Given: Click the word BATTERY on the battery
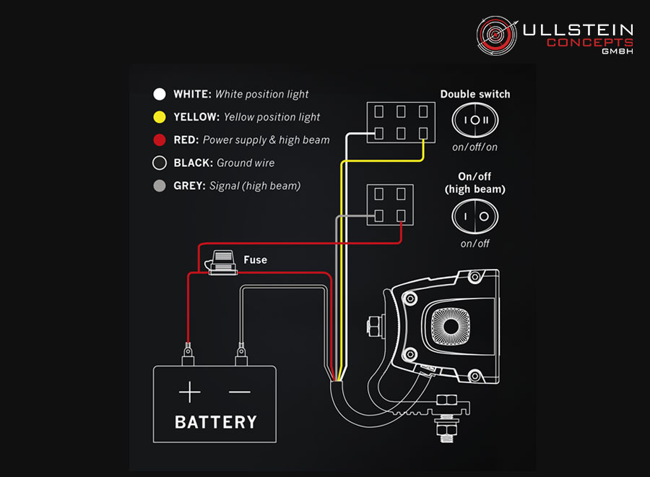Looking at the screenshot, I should [215, 421].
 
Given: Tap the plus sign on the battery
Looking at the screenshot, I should [190, 392].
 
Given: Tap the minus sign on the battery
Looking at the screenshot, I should [240, 392].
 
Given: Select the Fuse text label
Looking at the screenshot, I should [255, 259].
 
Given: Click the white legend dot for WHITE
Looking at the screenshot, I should [159, 94].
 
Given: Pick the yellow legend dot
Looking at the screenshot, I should [159, 117].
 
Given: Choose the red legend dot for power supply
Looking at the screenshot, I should [159, 140].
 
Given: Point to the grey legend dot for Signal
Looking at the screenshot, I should [159, 186].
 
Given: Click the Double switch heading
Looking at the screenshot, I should [474, 94].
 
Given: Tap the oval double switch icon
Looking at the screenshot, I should [474, 120].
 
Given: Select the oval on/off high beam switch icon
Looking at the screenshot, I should [474, 215].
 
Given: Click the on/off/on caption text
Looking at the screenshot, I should [474, 147].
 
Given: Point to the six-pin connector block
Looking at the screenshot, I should [402, 123].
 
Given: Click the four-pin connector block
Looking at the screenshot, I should [391, 205].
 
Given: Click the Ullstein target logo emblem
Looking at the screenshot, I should [497, 35].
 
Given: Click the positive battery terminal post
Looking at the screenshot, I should [188, 355].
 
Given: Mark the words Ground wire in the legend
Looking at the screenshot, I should [246, 163].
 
